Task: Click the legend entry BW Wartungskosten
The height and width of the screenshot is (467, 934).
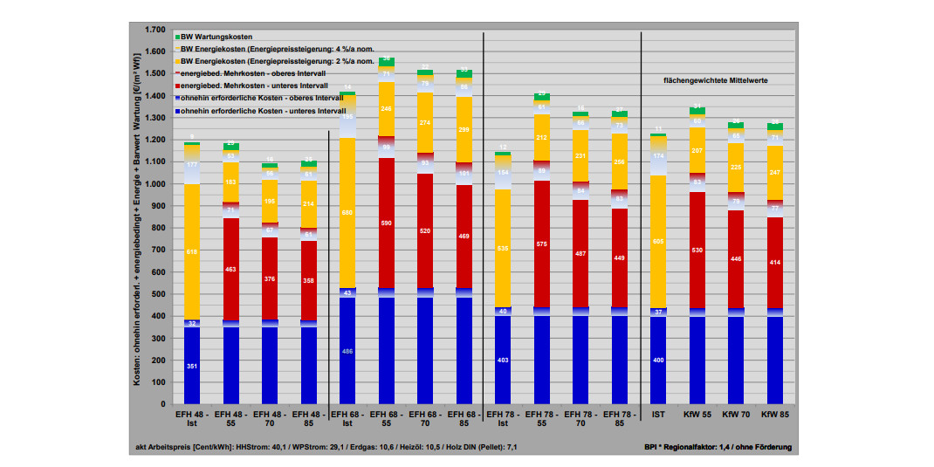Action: click(217, 37)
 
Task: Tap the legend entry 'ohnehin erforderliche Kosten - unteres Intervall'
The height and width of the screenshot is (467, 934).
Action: click(263, 112)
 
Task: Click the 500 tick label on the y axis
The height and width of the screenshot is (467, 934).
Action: click(158, 294)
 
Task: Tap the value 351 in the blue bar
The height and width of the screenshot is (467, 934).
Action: click(192, 366)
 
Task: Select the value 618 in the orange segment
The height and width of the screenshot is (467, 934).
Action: click(192, 251)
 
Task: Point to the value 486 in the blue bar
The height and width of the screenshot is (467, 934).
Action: click(347, 350)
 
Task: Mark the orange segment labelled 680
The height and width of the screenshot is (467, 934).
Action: click(347, 212)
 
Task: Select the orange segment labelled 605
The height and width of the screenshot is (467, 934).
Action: click(658, 241)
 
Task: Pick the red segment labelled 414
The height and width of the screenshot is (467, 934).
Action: click(775, 262)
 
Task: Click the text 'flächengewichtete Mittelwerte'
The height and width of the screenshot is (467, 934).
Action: click(716, 79)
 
